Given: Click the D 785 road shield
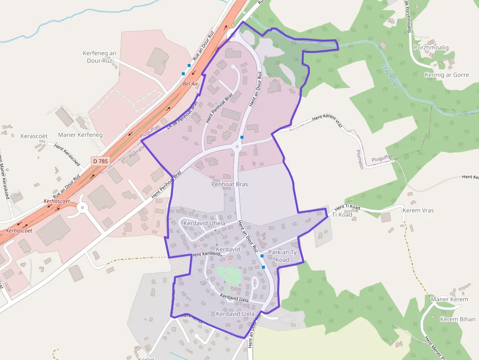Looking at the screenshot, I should (100, 161).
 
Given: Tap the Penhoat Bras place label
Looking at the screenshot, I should (230, 184).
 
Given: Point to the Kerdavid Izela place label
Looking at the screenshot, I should (236, 314).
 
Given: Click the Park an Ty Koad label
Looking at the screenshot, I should (283, 256).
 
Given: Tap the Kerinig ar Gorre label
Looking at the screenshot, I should (447, 75).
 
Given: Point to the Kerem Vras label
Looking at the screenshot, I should (418, 211).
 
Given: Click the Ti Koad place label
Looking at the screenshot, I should (342, 214).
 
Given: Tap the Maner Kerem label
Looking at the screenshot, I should (449, 299).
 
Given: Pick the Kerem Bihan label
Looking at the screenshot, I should (457, 319).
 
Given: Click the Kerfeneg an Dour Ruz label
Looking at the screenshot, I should (100, 57).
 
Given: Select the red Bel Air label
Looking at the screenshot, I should (190, 84).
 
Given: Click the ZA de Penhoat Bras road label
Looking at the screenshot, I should (182, 116).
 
